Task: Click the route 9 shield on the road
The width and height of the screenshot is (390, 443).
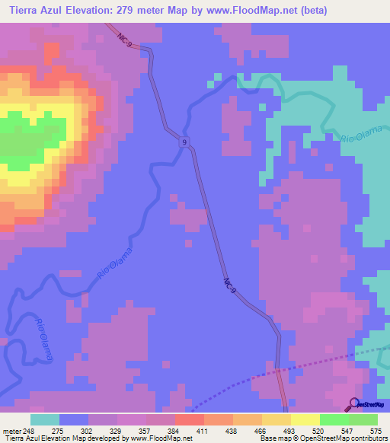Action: (x=184, y=142)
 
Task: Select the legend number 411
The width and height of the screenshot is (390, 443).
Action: (x=203, y=430)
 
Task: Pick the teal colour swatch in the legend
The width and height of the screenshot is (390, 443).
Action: (x=45, y=419)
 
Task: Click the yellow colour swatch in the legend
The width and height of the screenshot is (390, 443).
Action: (x=305, y=419)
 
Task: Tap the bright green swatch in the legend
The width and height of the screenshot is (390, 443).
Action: (x=334, y=419)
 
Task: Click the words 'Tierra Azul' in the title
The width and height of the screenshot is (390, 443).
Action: (x=39, y=8)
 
